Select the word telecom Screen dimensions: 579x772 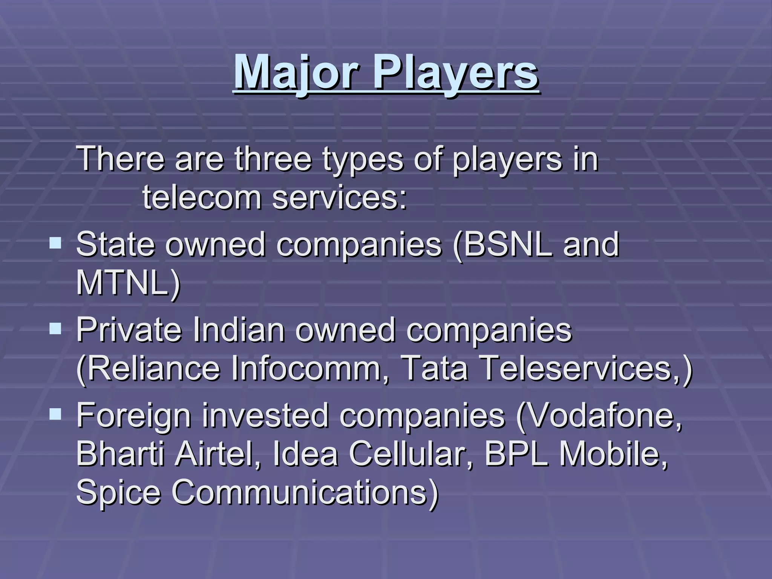[x=202, y=198]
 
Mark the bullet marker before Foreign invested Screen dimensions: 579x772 [x=55, y=414]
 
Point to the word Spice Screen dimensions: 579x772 [x=118, y=493]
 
